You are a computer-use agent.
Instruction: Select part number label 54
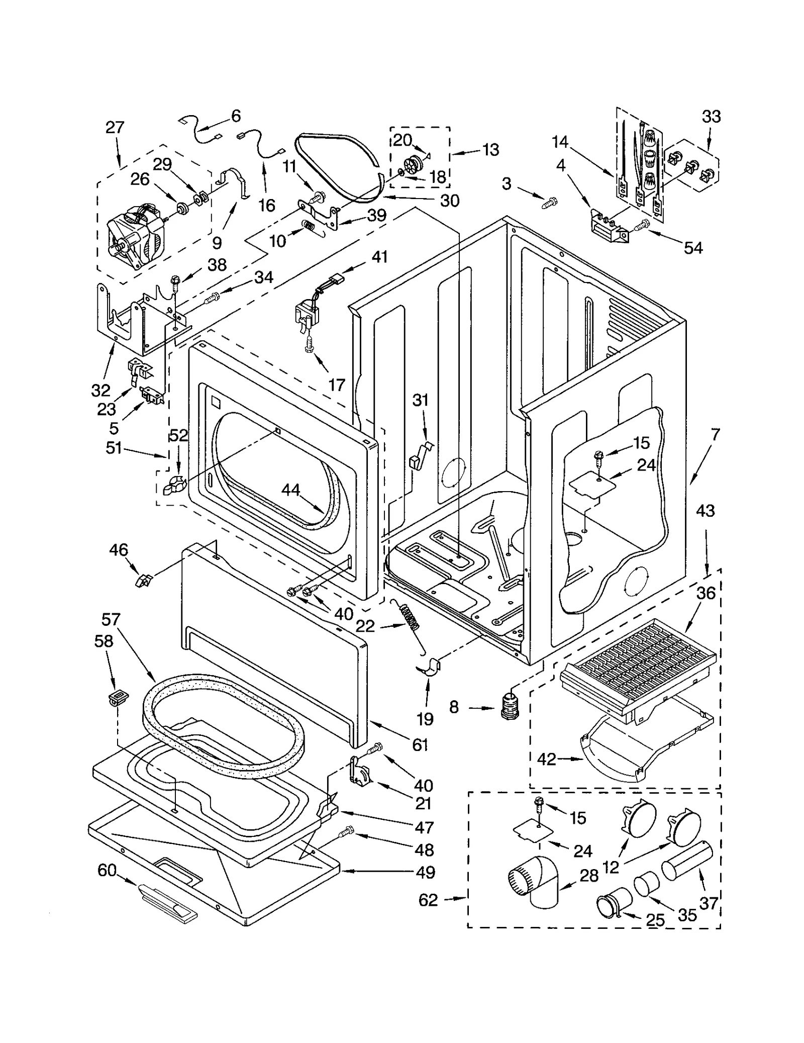coord(693,248)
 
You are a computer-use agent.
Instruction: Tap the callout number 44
coord(290,490)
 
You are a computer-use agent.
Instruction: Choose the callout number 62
coord(428,900)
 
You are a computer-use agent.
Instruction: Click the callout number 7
coord(715,434)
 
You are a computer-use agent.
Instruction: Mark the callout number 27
coord(115,127)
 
